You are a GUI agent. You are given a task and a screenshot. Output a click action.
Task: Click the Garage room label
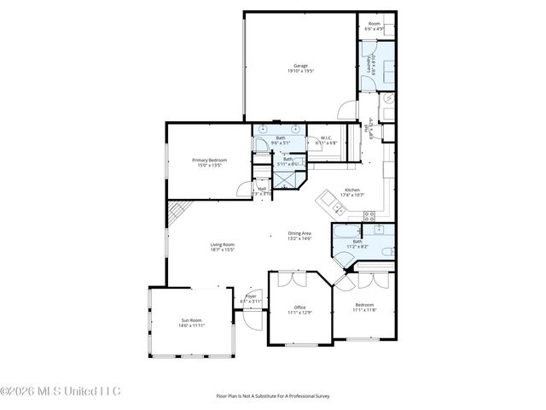click(x=300, y=68)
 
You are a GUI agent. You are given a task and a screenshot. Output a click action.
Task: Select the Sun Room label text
click(x=191, y=323)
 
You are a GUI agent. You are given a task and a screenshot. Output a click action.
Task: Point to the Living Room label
click(x=223, y=248)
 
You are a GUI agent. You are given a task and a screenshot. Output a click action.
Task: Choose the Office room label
click(x=299, y=309)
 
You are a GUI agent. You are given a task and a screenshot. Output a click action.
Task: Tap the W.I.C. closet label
click(x=326, y=140)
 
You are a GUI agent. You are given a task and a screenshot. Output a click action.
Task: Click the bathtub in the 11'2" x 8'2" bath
click(x=349, y=232)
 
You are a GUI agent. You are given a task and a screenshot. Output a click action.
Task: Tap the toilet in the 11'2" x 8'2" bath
click(x=385, y=250)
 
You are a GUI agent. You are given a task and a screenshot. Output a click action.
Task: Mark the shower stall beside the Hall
click(x=290, y=181)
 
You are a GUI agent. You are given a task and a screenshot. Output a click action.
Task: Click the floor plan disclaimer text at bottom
click(x=272, y=395)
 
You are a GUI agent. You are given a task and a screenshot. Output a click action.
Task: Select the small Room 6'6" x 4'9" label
click(x=374, y=26)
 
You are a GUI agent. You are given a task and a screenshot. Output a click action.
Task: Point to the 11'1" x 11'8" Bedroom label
click(x=364, y=307)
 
